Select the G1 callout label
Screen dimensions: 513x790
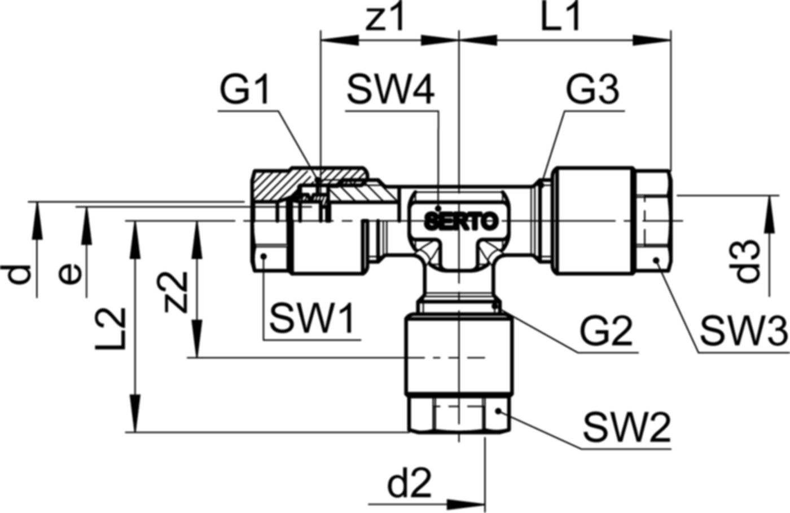pyautogui.click(x=245, y=91)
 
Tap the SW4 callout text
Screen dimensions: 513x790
pyautogui.click(x=391, y=91)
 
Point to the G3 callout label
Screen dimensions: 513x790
pyautogui.click(x=592, y=91)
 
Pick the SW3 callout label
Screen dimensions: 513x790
pyautogui.click(x=744, y=331)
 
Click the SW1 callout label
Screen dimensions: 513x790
pyautogui.click(x=312, y=319)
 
